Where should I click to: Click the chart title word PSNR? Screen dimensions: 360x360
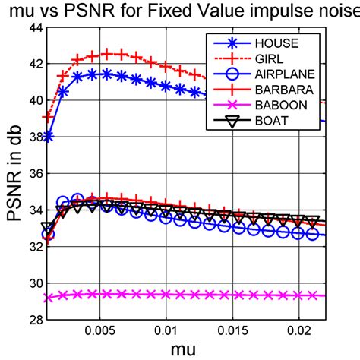[105, 11]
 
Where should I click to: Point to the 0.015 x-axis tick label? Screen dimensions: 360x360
[232, 332]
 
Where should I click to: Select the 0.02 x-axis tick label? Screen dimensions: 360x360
[298, 332]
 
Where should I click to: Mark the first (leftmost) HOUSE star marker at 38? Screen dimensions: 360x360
[49, 137]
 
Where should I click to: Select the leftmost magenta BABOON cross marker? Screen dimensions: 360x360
[49, 298]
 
